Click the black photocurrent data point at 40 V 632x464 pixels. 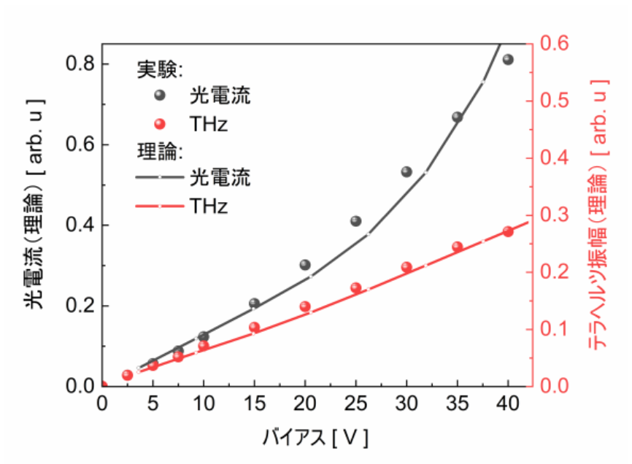click(x=508, y=60)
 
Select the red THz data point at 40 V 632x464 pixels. click(x=508, y=232)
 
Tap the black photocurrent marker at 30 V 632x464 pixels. click(x=406, y=171)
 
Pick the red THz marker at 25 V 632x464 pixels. click(x=356, y=287)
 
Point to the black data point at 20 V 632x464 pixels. click(x=305, y=265)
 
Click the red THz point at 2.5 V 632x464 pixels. click(x=127, y=375)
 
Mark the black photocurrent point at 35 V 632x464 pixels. click(x=458, y=117)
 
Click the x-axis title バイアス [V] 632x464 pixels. click(x=315, y=438)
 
